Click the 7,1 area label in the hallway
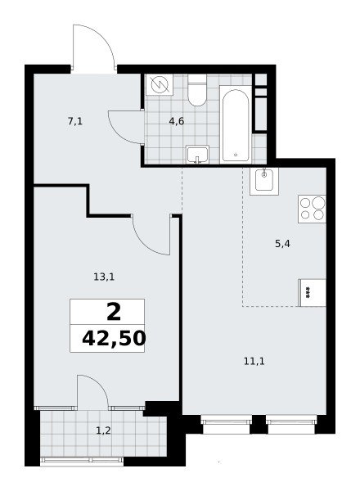coord(75,121)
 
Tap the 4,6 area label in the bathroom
coord(176,121)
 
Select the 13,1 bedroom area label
coord(104,277)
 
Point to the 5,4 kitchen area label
coord(282,243)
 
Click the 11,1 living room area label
coord(254,362)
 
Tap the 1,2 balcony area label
coord(103,431)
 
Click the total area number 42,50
coord(114,339)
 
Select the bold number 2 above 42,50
coord(114,313)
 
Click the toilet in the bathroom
coord(197,90)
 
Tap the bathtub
coord(236,124)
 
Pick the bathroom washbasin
coord(197,155)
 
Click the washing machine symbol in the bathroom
coord(160,84)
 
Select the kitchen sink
coord(264,182)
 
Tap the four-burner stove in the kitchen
coord(312,209)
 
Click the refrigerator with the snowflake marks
coord(313,292)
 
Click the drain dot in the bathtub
coord(236,155)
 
